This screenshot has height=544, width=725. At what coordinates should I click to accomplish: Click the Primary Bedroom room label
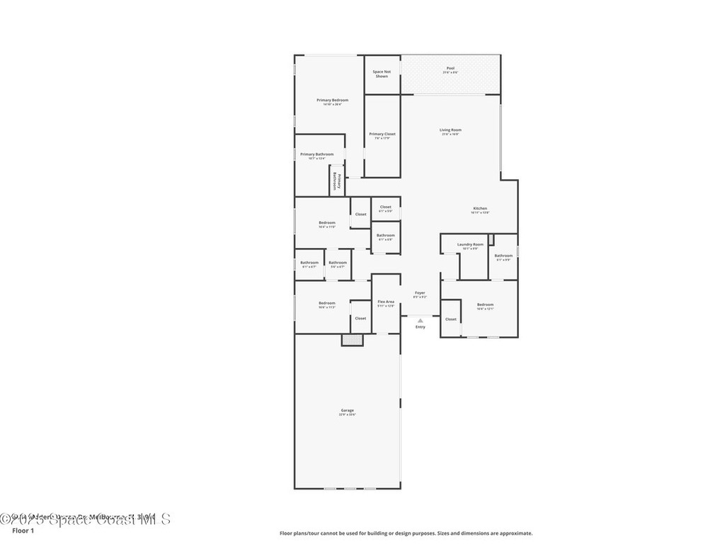[332, 101]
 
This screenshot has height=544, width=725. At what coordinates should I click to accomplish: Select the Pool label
[450, 69]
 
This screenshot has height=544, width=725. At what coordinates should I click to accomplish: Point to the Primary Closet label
[382, 134]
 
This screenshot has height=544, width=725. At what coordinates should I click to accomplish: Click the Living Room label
[450, 130]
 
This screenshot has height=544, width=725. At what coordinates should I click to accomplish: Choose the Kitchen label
[480, 208]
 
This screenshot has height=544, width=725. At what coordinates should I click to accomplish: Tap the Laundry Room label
[470, 244]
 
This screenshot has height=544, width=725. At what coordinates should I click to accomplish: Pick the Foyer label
[420, 293]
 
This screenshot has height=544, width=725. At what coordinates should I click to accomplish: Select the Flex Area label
[386, 302]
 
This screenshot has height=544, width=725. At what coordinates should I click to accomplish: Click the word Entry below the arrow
[421, 327]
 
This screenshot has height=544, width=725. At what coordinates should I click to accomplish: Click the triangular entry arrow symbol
[420, 320]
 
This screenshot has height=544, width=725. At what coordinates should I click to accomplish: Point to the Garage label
[347, 411]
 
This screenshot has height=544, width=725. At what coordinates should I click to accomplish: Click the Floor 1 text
[23, 531]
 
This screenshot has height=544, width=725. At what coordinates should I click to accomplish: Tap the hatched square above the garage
[352, 339]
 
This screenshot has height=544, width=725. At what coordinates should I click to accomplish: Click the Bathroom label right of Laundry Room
[503, 256]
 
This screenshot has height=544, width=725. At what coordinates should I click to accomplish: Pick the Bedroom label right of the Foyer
[485, 305]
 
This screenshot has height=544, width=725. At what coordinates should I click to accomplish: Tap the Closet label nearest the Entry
[451, 319]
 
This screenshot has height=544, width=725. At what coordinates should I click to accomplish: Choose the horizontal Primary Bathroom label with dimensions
[316, 154]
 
